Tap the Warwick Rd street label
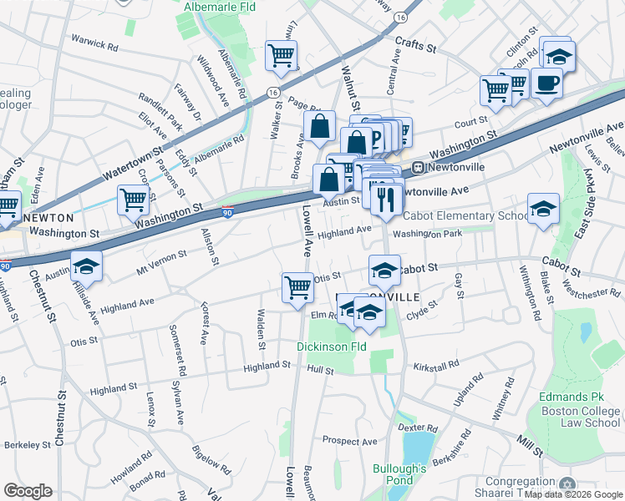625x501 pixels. (x=94, y=43)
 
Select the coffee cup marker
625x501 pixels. (x=546, y=84)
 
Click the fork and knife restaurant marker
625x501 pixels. (x=385, y=199)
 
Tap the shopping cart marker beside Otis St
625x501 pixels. (x=297, y=288)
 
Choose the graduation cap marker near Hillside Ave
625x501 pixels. (x=86, y=266)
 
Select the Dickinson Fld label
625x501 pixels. (x=332, y=346)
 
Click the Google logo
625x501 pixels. (x=28, y=491)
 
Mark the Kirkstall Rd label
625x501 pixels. (x=435, y=365)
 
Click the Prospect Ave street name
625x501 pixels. (x=352, y=439)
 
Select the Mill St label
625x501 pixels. (x=531, y=448)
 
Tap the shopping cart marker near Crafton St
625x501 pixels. (x=133, y=200)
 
